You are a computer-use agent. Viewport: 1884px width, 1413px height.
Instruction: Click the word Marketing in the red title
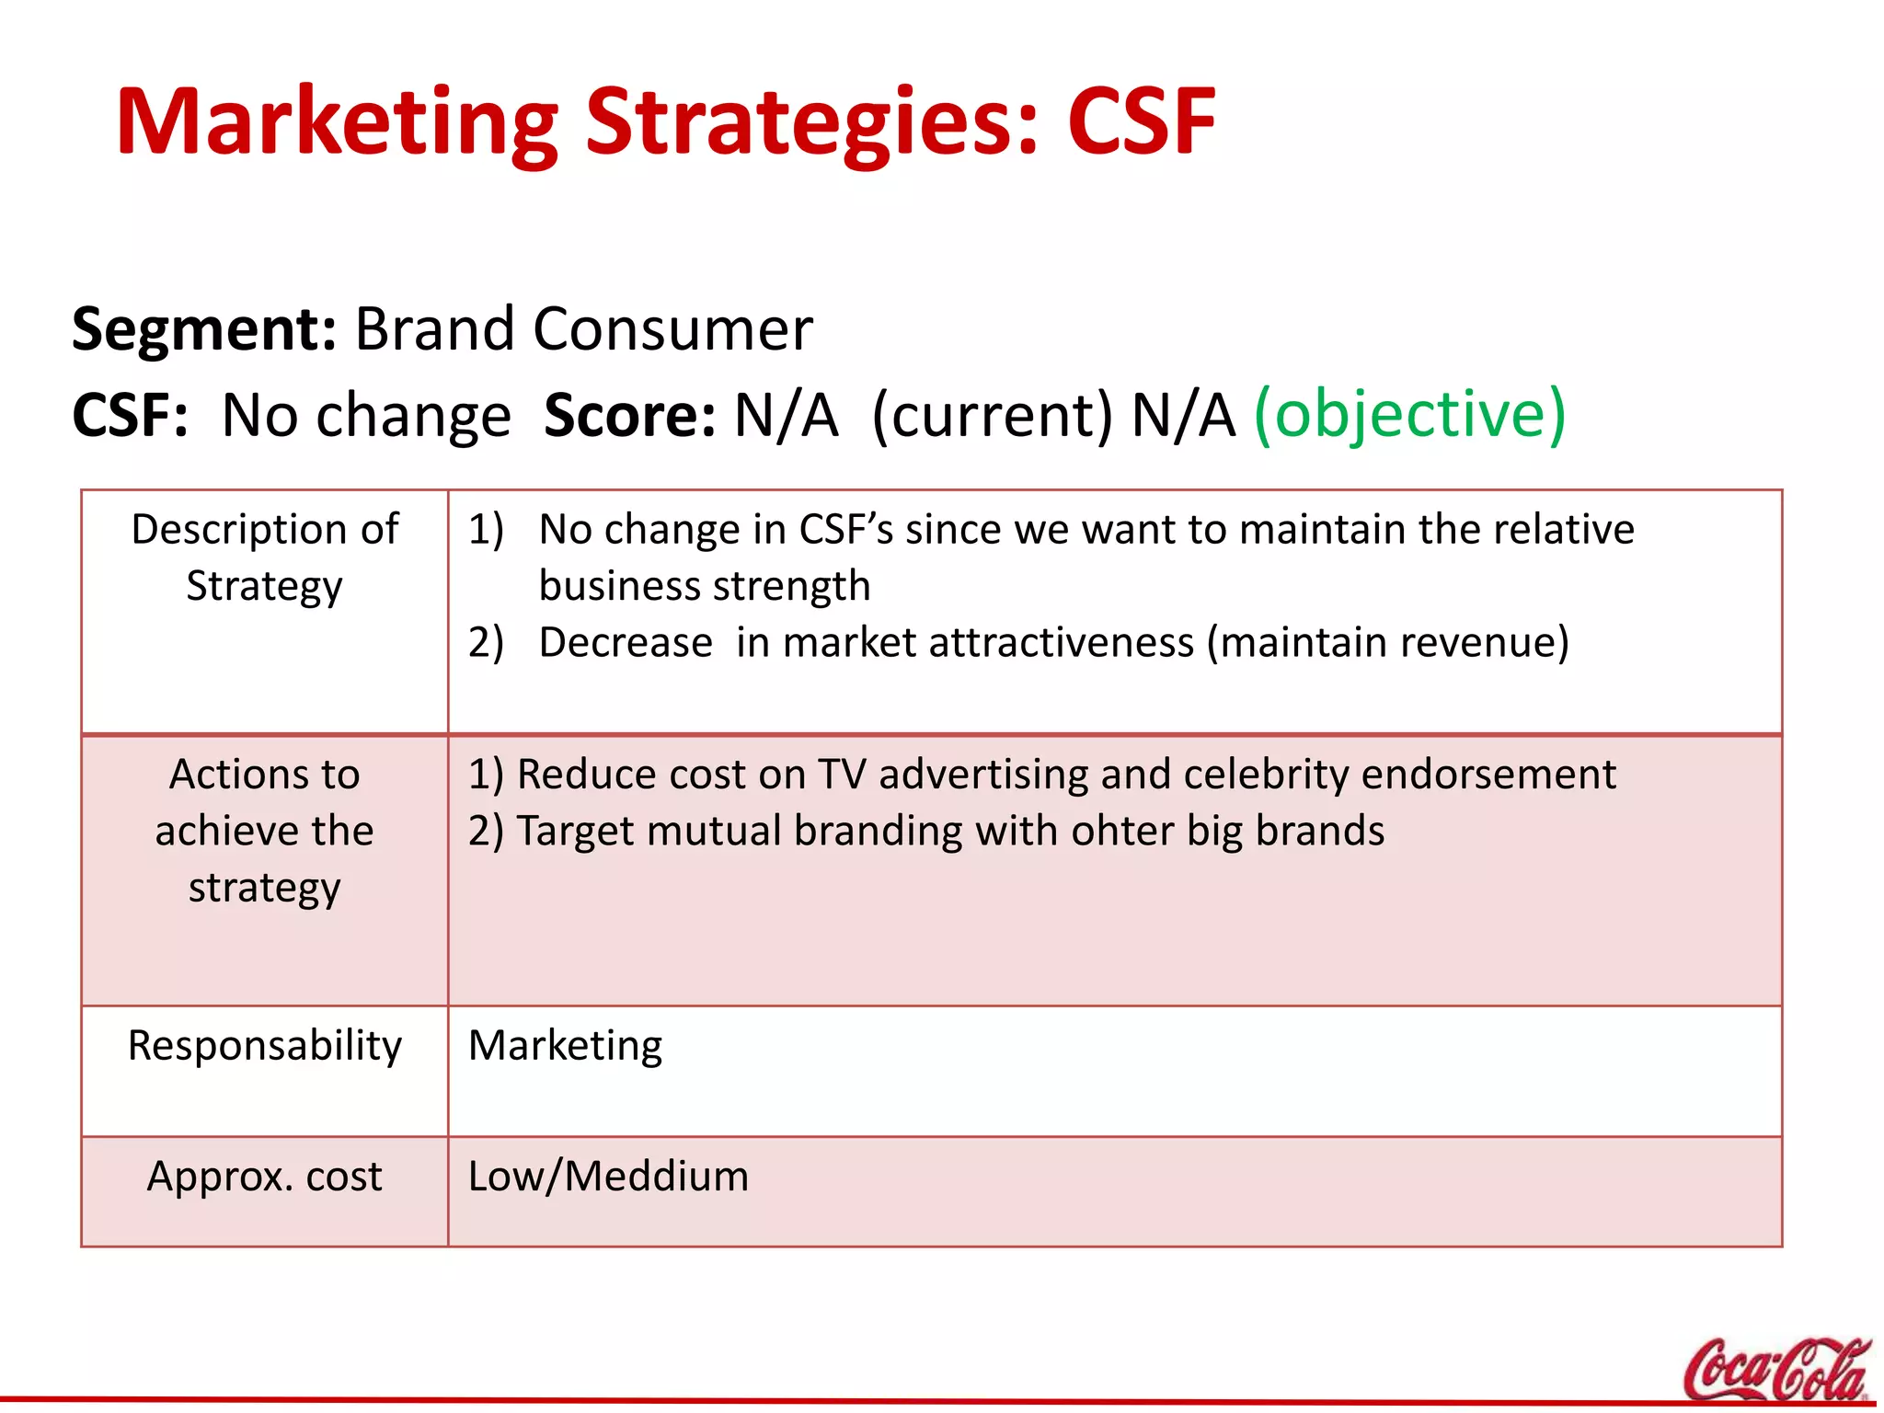[x=337, y=122]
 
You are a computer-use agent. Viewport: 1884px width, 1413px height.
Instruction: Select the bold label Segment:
[x=204, y=328]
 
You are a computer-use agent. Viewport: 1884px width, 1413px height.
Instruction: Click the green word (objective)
[x=1409, y=414]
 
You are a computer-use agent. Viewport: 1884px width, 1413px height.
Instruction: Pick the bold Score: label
[x=629, y=415]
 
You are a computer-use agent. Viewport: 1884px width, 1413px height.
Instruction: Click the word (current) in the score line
[x=992, y=415]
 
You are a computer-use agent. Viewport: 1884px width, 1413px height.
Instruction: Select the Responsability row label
[x=265, y=1046]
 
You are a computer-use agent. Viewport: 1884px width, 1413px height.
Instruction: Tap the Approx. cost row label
[x=265, y=1177]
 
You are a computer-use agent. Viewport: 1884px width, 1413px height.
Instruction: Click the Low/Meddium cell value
[x=608, y=1177]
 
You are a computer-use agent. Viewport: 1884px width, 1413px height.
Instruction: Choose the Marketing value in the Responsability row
[x=565, y=1046]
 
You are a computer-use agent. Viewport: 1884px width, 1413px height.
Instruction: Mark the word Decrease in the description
[x=626, y=642]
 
